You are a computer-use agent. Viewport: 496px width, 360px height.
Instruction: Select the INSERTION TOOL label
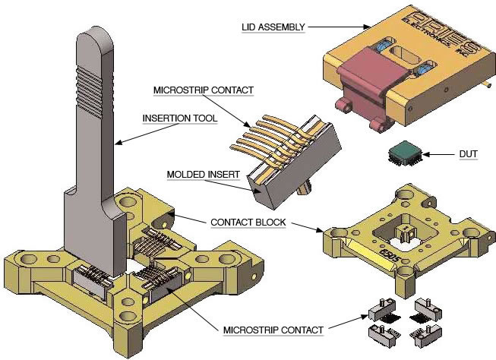tap(180, 118)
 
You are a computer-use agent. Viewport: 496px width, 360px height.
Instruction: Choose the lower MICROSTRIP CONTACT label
tap(273, 330)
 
